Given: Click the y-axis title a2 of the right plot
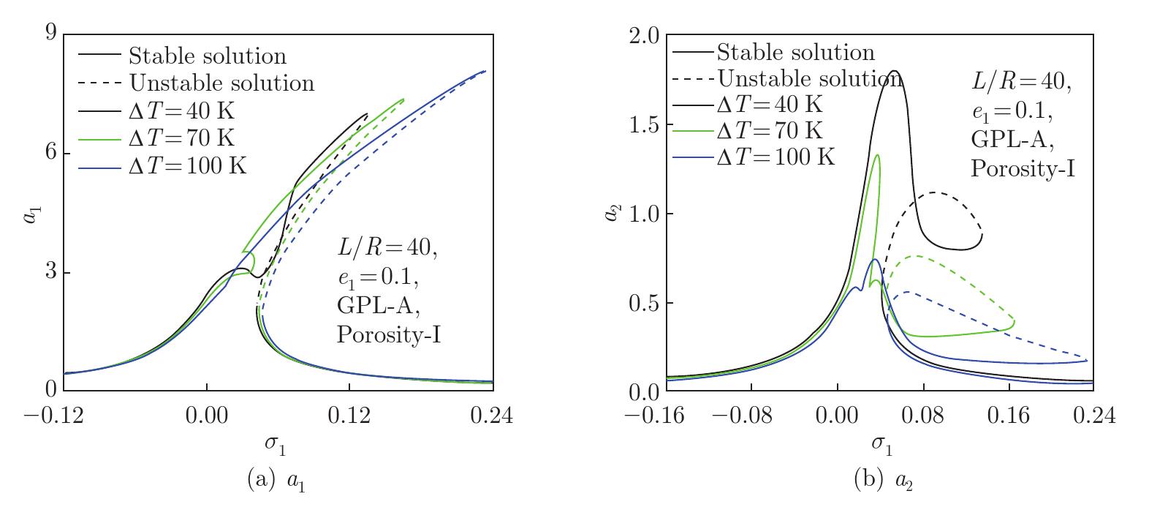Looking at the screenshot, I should [x=618, y=214].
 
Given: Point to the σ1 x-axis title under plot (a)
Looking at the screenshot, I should [x=278, y=445].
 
